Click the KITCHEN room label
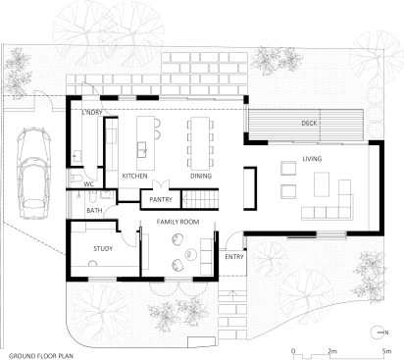(134, 176)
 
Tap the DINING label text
(201, 176)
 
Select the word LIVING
(312, 159)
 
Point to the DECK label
(309, 124)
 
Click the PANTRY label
(161, 199)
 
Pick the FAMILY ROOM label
(177, 222)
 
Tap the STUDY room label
(103, 249)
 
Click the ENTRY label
(234, 257)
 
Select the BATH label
(94, 211)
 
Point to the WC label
(89, 184)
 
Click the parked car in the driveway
(33, 174)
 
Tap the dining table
(200, 143)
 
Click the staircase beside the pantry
(200, 199)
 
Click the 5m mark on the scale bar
(386, 351)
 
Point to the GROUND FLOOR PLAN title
(41, 356)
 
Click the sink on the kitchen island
(142, 150)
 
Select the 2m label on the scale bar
(332, 351)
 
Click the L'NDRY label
(92, 112)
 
